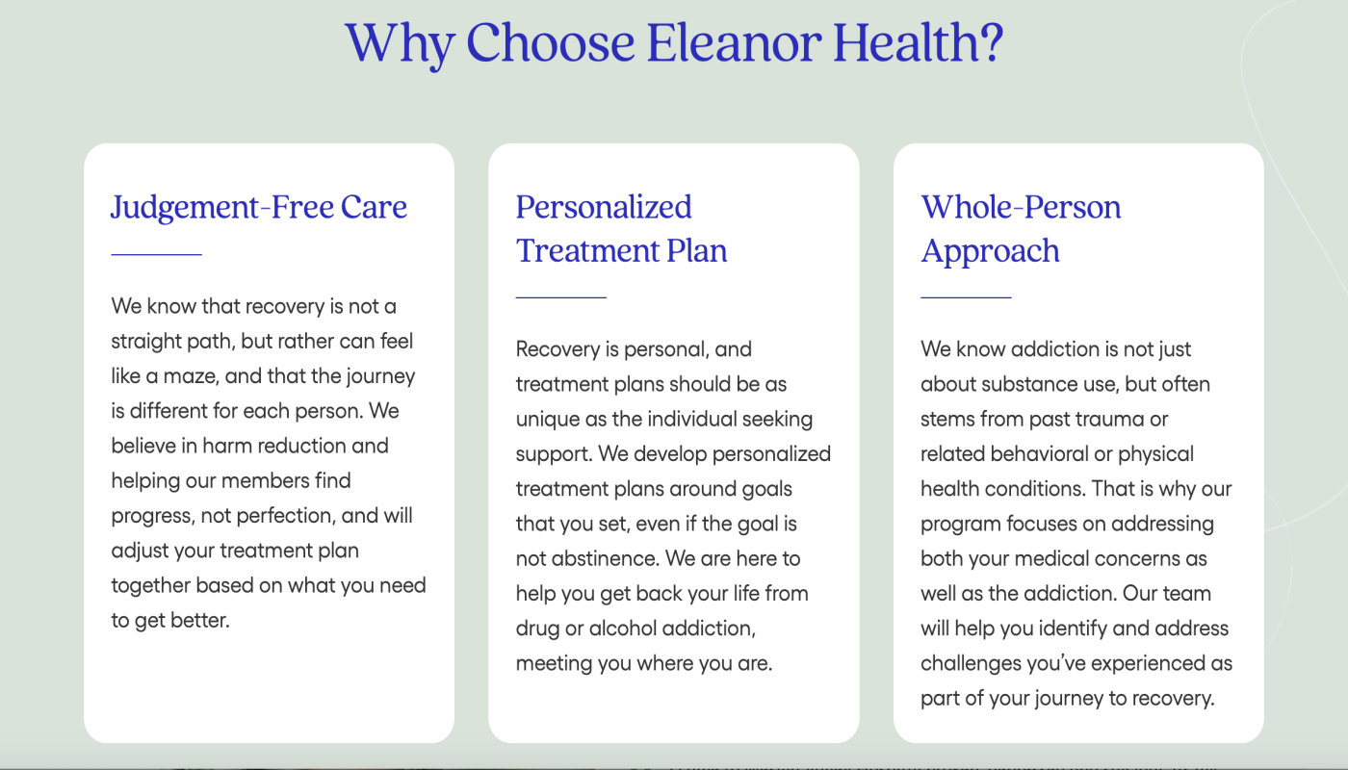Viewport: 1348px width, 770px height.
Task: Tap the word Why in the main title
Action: [398, 42]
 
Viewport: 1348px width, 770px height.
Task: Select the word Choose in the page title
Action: [550, 42]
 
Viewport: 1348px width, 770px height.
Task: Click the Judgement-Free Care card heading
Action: [259, 207]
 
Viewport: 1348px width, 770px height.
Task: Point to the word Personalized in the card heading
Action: [604, 207]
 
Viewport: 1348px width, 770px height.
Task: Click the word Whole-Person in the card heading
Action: [1021, 207]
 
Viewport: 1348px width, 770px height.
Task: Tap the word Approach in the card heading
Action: [990, 250]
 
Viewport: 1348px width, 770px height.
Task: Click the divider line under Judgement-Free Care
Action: [156, 254]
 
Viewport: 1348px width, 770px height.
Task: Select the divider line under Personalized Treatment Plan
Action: [560, 297]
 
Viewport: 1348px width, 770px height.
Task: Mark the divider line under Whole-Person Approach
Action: [966, 297]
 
